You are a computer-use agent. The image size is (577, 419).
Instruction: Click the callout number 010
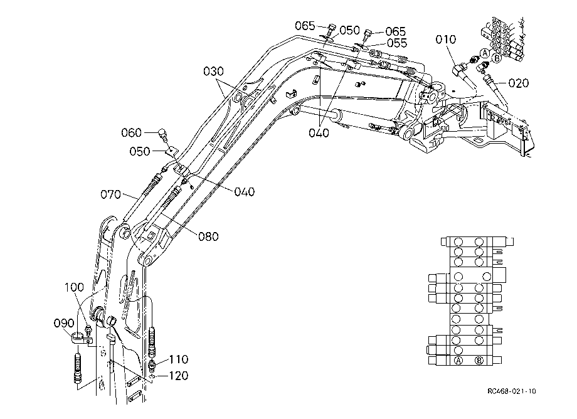click(x=446, y=40)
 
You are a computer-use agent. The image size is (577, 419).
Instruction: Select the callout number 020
click(x=519, y=83)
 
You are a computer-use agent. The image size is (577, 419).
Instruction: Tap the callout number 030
click(x=213, y=71)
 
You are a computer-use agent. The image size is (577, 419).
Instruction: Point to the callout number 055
click(x=397, y=43)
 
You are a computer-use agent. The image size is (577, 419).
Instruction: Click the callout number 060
click(x=131, y=132)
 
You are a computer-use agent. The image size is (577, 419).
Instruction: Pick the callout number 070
click(x=111, y=194)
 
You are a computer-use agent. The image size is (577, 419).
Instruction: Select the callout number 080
click(x=208, y=236)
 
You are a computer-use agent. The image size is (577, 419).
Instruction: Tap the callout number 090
click(x=64, y=324)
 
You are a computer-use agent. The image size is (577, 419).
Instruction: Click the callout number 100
click(x=74, y=287)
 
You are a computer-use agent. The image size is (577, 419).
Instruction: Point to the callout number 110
click(x=179, y=359)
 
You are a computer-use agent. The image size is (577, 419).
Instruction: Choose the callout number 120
click(x=179, y=376)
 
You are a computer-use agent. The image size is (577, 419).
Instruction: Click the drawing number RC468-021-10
click(x=512, y=391)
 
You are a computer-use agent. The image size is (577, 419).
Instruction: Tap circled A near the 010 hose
click(x=485, y=53)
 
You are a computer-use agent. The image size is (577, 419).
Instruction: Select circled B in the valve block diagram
click(x=479, y=361)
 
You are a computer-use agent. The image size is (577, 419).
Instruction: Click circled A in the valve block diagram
click(x=458, y=361)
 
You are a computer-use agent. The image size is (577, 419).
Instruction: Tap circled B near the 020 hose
click(x=497, y=58)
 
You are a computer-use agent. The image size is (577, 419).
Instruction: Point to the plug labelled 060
click(x=162, y=135)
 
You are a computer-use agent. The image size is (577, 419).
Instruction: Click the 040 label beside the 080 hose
click(x=245, y=192)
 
